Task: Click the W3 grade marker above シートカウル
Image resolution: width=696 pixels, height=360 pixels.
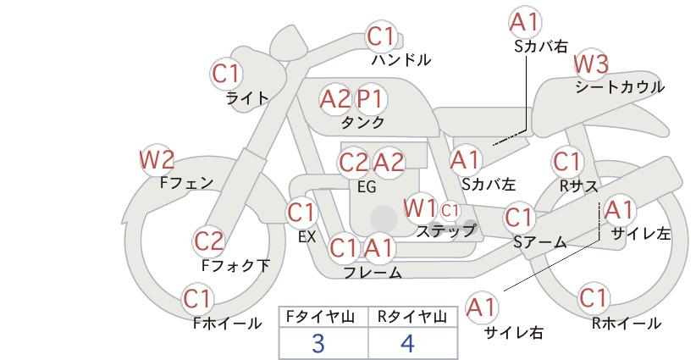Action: click(591, 64)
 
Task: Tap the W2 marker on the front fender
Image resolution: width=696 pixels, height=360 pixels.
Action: click(157, 160)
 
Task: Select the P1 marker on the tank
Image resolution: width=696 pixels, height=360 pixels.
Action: click(370, 99)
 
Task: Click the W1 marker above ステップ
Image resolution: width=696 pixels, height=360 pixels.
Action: click(421, 208)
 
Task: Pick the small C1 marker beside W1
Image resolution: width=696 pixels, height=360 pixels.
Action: click(450, 211)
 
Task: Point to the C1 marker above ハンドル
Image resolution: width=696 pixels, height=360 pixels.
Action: click(381, 36)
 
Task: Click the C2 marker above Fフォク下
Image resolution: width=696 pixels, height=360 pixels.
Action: click(208, 241)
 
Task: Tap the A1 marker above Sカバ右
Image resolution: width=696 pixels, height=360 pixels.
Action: click(526, 22)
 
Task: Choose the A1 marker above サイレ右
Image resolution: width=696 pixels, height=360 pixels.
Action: click(482, 307)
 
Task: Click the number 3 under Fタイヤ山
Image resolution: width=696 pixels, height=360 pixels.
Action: click(318, 344)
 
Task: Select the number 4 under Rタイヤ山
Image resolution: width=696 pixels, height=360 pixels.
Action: click(407, 344)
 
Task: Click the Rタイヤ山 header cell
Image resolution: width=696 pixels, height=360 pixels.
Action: click(413, 317)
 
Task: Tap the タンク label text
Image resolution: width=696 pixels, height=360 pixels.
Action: click(362, 122)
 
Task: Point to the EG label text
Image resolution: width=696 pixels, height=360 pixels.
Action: click(367, 187)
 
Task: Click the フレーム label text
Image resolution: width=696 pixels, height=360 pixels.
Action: click(373, 273)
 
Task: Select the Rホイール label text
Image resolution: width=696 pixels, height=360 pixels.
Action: click(627, 324)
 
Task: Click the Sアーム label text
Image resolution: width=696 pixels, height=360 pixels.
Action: click(540, 242)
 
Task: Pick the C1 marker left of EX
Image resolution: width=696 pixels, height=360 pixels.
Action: click(301, 213)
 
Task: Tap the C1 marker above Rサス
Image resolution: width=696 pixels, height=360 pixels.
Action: click(566, 162)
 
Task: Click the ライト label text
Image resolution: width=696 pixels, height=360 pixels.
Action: click(247, 97)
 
